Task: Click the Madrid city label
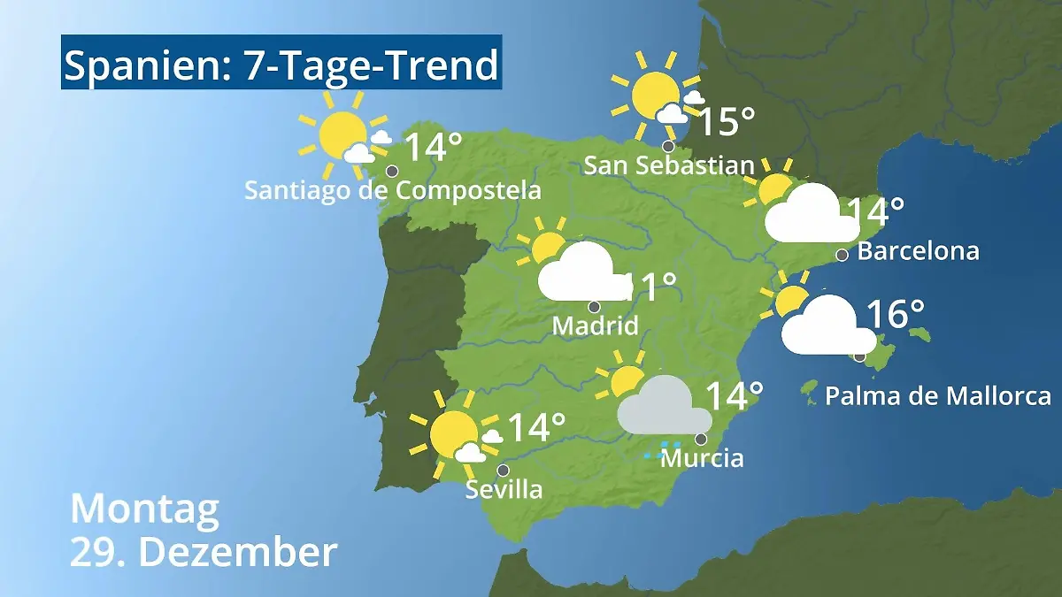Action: click(595, 325)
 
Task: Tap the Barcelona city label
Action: click(919, 251)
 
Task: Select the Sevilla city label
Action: click(504, 489)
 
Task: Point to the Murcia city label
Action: click(702, 458)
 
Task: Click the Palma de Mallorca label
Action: click(938, 395)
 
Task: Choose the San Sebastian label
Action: click(669, 165)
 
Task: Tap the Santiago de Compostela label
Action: click(392, 190)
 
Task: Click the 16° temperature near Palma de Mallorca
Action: click(895, 314)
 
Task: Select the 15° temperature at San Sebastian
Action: click(726, 122)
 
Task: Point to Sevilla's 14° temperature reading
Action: click(535, 428)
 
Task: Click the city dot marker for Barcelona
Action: click(843, 255)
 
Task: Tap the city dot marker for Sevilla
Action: click(503, 470)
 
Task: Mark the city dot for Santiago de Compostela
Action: click(391, 171)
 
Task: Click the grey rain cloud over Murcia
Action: click(664, 408)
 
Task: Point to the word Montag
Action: click(144, 509)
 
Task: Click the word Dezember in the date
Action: click(238, 552)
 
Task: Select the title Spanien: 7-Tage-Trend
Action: click(281, 65)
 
